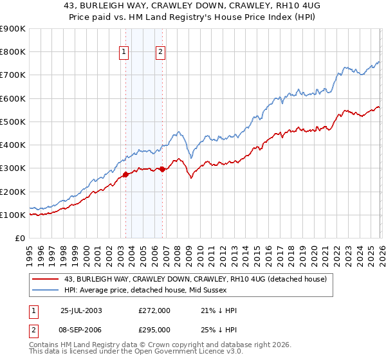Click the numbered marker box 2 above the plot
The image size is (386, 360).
point(160,53)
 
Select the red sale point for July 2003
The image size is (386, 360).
point(126,174)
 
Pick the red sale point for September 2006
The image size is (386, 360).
point(162,169)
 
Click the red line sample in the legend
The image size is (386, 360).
point(46,279)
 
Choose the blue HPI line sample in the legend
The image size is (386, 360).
point(46,290)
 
